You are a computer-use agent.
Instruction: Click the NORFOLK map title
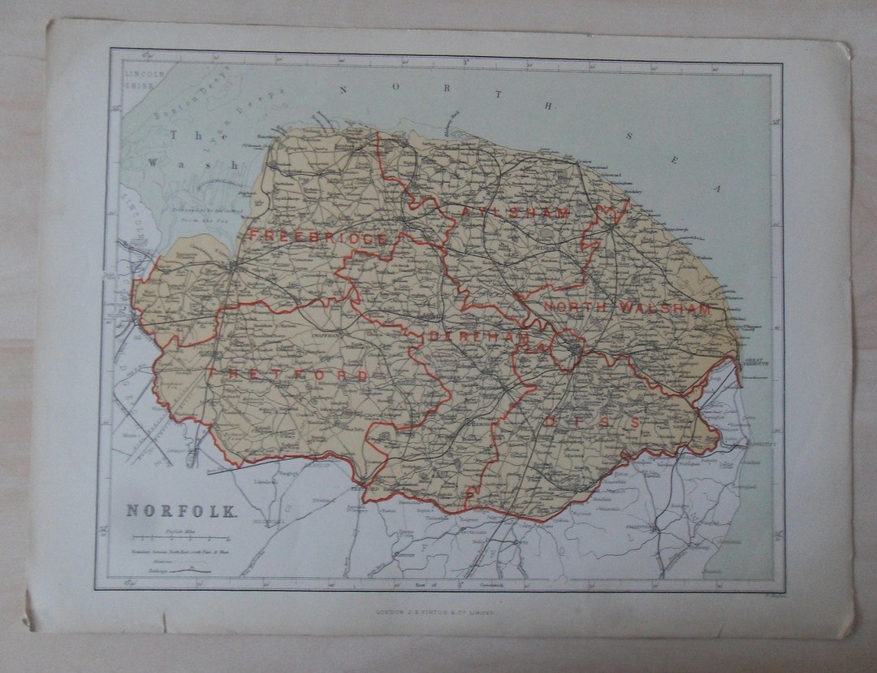point(181,511)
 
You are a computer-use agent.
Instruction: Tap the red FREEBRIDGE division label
point(318,237)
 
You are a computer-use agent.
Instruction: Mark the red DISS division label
point(591,422)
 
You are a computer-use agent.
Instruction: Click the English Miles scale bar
point(182,539)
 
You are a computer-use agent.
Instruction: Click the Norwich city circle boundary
point(573,350)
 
